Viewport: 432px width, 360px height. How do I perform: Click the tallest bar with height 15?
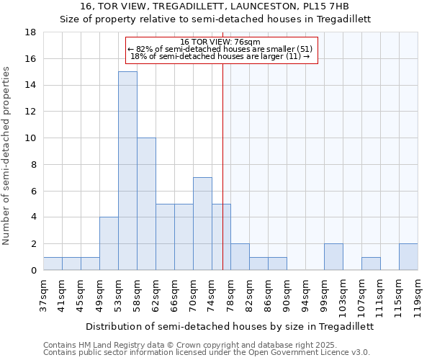127,171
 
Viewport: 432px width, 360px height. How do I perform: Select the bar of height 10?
146,204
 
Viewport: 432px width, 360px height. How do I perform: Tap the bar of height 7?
202,223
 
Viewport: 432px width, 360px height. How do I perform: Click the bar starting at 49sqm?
109,243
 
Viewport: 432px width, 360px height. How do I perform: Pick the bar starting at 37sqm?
53,264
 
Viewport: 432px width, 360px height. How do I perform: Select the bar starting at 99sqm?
333,257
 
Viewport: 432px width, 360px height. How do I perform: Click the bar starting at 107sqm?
371,264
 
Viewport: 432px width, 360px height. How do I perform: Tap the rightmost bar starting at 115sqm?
408,257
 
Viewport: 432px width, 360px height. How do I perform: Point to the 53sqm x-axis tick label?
119,293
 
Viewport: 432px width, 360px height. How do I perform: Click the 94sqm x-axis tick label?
306,293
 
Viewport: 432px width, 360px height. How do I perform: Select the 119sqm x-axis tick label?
418,295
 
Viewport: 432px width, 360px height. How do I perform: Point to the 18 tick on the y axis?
30,32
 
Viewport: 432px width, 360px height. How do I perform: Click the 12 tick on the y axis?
30,112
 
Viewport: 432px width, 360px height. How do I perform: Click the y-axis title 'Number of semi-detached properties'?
7,155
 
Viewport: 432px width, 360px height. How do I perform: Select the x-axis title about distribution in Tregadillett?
230,326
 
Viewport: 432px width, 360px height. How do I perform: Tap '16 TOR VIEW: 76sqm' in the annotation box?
220,42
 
